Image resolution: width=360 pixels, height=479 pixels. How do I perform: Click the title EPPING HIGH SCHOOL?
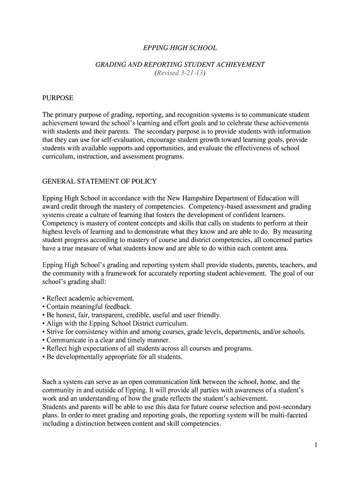(x=180, y=48)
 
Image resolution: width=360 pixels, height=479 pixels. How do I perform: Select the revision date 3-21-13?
(x=192, y=73)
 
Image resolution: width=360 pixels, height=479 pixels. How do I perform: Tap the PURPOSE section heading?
(x=58, y=98)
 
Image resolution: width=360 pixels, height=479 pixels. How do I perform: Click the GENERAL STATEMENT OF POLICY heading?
(x=100, y=181)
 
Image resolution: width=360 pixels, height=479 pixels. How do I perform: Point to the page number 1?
(x=316, y=445)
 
